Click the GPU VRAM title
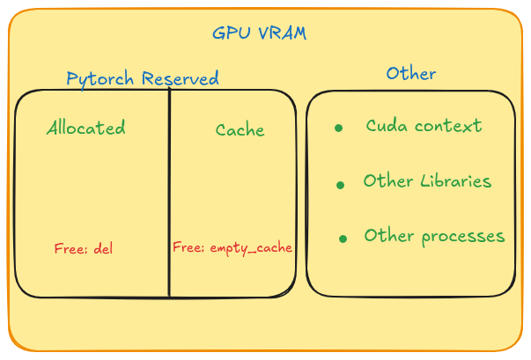click(259, 33)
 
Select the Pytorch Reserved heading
click(143, 78)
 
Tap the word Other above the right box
click(410, 73)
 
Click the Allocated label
click(85, 128)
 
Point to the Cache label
click(240, 130)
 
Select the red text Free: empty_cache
click(232, 247)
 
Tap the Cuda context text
click(424, 126)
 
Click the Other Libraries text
click(427, 181)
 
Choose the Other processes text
click(434, 236)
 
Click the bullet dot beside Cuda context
click(338, 129)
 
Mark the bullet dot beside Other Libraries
click(340, 185)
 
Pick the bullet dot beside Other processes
click(343, 239)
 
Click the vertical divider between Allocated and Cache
click(169, 194)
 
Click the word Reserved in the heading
click(179, 78)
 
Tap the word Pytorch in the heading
click(100, 79)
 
